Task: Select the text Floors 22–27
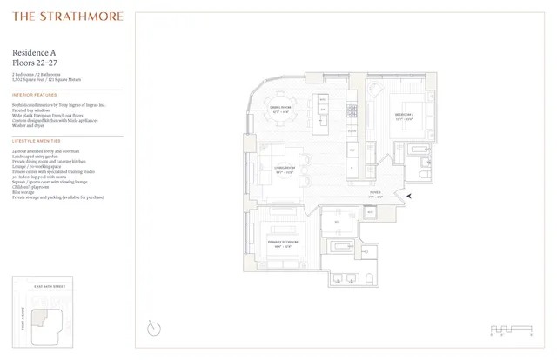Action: (x=35, y=63)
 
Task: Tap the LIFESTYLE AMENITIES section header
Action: (x=37, y=140)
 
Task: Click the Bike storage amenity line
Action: (x=24, y=193)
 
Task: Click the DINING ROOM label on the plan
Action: (x=280, y=109)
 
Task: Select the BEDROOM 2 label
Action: (x=403, y=117)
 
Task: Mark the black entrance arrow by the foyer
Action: (x=410, y=197)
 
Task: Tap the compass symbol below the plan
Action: (x=154, y=329)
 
